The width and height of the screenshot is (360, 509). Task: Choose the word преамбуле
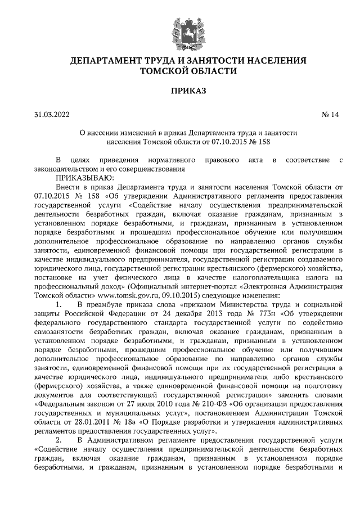click(x=108, y=305)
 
